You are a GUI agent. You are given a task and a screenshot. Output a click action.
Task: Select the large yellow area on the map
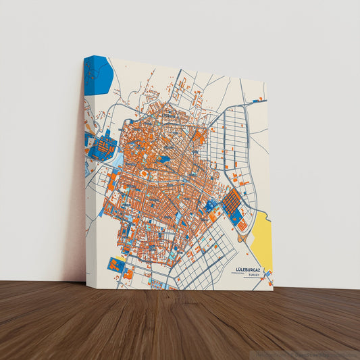(262, 240)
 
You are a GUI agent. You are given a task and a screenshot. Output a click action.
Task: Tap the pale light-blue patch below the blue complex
(115, 159)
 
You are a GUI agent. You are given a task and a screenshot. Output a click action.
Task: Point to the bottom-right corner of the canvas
(273, 290)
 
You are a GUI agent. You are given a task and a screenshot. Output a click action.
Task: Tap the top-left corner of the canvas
(93, 56)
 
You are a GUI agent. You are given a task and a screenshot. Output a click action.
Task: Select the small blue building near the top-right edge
(256, 100)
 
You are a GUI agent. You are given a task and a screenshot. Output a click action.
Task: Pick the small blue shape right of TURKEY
(268, 274)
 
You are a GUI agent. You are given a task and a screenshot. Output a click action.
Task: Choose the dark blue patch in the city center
(164, 159)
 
